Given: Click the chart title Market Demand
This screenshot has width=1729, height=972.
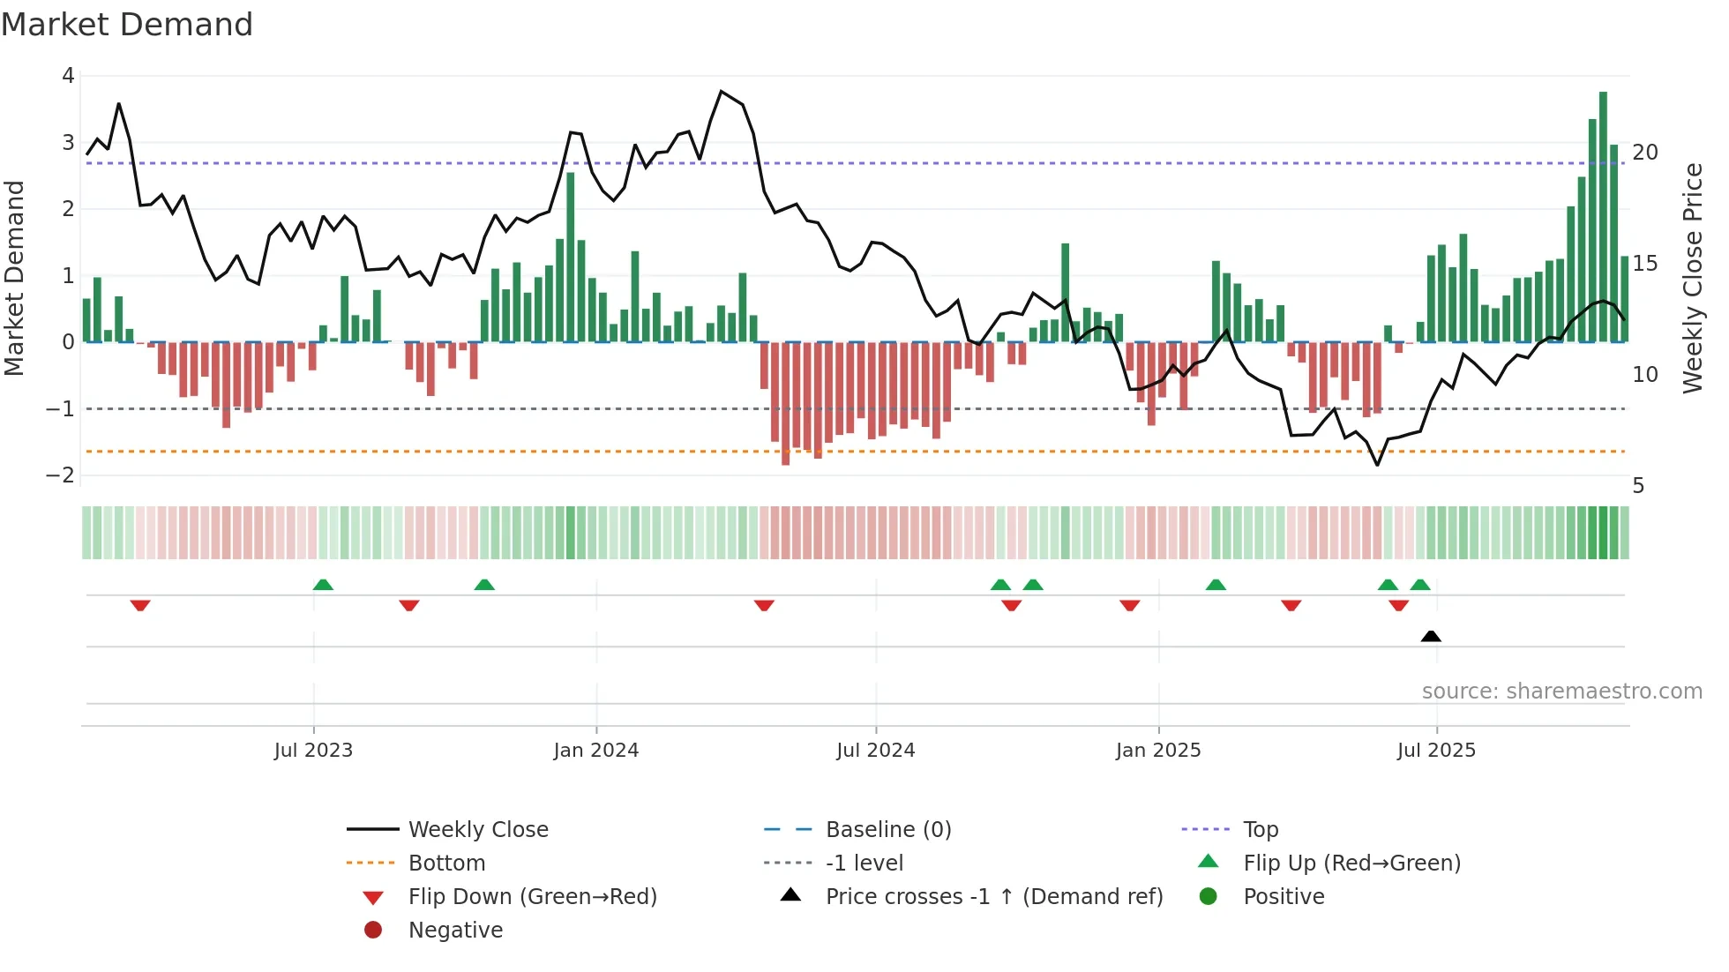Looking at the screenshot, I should tap(127, 25).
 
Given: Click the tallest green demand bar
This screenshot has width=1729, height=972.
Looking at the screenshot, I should tap(1603, 216).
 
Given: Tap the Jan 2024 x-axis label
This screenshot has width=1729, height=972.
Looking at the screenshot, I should tap(595, 751).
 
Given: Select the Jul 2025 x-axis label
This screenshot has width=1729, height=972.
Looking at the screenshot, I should tap(1435, 751).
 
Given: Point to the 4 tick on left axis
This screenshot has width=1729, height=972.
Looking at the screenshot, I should tap(68, 76).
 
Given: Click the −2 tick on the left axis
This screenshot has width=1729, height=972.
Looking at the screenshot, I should tap(60, 475).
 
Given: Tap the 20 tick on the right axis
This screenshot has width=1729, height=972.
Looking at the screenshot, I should tap(1645, 153).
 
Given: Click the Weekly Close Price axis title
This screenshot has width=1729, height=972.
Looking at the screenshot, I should tap(1692, 278).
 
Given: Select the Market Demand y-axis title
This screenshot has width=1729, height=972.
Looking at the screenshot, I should tap(14, 278).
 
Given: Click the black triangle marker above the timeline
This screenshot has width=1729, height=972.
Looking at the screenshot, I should tap(1431, 636).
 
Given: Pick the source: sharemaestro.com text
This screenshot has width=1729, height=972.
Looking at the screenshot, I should tap(1561, 691).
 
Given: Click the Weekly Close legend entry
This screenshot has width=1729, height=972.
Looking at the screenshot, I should tap(477, 830).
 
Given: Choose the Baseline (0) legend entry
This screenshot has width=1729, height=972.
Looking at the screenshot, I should tap(887, 830).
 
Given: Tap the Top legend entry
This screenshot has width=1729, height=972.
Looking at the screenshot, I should tap(1260, 830).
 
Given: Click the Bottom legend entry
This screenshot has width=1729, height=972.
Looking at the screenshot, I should tap(446, 864).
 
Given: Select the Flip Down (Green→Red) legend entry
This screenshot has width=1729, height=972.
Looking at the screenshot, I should tap(532, 897).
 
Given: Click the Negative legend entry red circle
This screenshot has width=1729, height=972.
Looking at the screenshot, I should tap(373, 931).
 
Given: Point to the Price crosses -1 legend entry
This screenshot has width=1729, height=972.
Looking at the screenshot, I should tap(993, 897).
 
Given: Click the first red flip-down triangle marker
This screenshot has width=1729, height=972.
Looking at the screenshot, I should tap(140, 605).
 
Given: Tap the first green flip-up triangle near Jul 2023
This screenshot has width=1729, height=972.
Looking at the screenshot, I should tap(323, 585).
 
